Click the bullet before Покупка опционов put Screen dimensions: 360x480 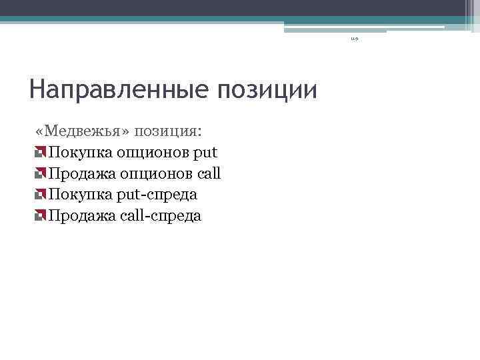(41, 153)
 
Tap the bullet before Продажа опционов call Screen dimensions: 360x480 (41, 174)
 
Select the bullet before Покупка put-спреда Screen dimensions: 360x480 (41, 195)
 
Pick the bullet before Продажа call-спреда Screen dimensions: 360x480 (41, 216)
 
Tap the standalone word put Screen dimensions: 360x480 (205, 153)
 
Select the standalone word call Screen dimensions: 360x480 (208, 173)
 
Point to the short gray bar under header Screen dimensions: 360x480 (335, 31)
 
